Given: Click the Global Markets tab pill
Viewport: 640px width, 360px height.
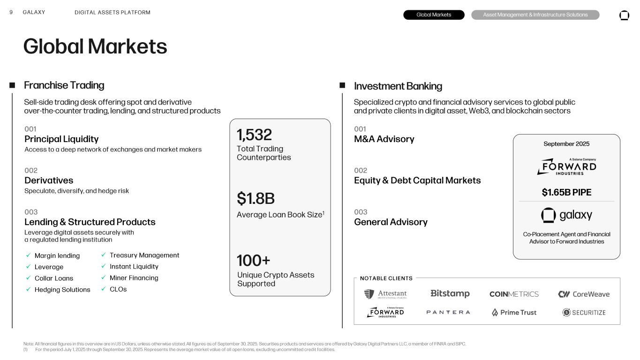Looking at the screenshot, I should [x=434, y=15].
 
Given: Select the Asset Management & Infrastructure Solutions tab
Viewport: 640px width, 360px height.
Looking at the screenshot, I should [x=535, y=15].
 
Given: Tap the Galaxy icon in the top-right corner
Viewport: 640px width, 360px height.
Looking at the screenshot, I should [x=624, y=15].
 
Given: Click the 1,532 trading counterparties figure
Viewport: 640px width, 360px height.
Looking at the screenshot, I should [x=254, y=135].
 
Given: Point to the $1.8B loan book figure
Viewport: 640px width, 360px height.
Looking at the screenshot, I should [x=256, y=199].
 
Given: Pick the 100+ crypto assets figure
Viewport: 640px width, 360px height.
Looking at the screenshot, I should [x=253, y=260].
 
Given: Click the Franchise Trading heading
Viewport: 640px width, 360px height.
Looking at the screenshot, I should [x=64, y=85].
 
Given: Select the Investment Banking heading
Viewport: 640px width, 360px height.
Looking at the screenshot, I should [x=398, y=86].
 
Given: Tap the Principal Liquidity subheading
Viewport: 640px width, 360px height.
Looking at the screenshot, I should [x=61, y=139].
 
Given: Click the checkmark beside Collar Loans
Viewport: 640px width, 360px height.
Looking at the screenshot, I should [x=28, y=278].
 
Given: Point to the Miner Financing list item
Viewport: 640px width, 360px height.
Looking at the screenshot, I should [x=134, y=278].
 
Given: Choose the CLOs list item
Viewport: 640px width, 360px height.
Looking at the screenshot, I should [x=118, y=289].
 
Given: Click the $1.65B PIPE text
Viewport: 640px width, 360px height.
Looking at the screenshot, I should [x=566, y=193].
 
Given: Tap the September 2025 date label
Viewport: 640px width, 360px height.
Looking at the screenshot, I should [x=566, y=144].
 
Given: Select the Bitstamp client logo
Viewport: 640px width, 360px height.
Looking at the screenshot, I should [x=450, y=294].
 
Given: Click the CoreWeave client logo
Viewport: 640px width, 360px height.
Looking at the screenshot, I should [x=584, y=294].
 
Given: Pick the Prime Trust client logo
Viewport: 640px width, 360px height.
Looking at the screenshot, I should [x=514, y=313].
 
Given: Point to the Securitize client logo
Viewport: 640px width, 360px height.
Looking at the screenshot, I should [x=584, y=313].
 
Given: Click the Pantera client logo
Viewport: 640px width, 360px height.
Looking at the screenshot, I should [x=448, y=312].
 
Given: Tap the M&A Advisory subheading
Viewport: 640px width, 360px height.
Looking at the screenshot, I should [x=384, y=139].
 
